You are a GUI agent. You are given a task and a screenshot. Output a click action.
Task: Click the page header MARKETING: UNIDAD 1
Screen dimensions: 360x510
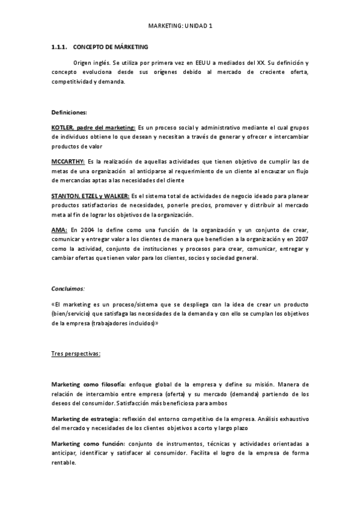click(180, 26)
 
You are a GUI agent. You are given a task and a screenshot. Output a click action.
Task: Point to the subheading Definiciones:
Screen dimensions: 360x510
click(69, 112)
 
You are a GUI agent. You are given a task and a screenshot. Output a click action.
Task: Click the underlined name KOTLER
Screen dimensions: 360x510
click(62, 127)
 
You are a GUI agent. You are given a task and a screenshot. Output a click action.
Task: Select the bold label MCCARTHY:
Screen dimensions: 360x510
click(68, 162)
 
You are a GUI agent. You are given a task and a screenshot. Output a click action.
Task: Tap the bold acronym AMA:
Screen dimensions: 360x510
click(59, 230)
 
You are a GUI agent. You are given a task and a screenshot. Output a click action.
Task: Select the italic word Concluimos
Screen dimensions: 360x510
click(67, 288)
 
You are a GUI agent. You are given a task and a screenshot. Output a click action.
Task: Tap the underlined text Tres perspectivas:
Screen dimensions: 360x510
click(76, 354)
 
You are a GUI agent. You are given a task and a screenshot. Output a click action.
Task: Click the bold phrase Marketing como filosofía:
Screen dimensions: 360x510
click(88, 384)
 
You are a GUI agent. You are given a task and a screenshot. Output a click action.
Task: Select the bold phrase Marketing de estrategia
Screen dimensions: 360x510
click(85, 418)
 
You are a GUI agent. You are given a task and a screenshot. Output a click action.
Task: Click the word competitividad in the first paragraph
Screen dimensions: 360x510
click(72, 82)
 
